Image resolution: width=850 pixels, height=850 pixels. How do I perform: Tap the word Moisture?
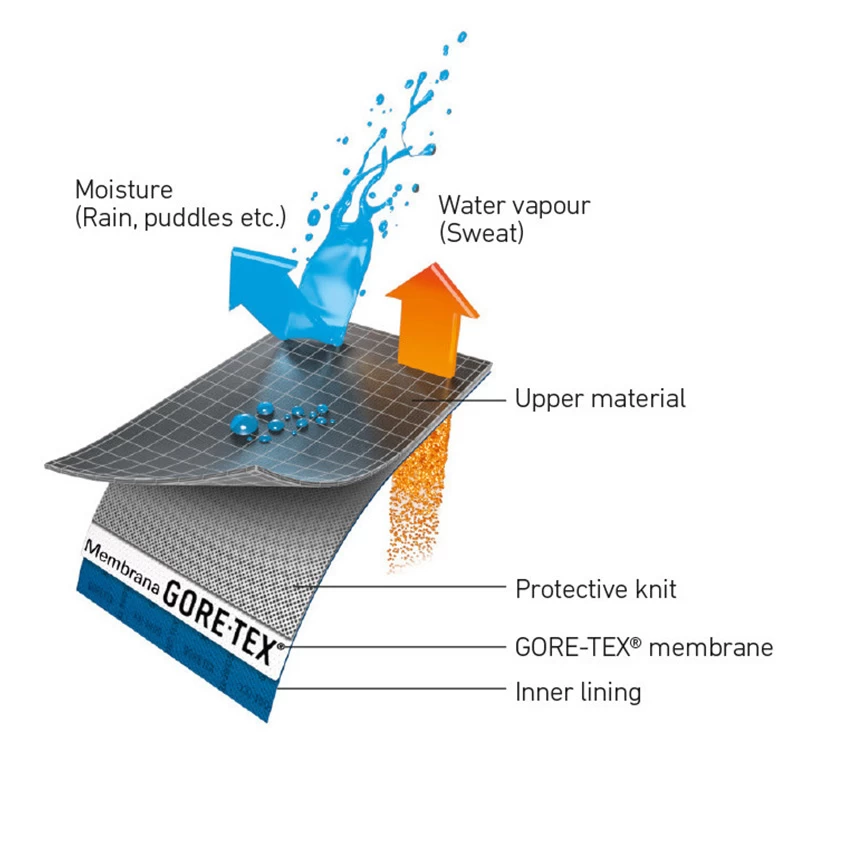point(124,190)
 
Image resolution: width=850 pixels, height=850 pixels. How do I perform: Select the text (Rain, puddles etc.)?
point(180,217)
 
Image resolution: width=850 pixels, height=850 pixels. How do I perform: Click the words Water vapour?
point(514,206)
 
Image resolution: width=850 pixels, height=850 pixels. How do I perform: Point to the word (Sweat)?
point(482,233)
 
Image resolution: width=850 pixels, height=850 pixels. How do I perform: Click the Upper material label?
point(600,399)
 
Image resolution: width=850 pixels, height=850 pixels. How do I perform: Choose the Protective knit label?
point(595,589)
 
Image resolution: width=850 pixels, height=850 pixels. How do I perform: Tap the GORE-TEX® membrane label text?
point(643,647)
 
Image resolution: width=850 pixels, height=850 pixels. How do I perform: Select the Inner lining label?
point(578,691)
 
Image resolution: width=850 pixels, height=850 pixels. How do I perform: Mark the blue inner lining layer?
point(170,640)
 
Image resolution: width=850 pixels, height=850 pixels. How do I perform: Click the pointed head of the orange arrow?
point(432,275)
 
